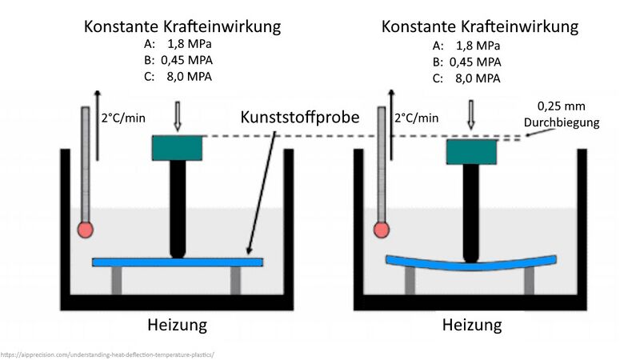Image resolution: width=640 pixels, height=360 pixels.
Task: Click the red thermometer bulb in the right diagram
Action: point(381,231)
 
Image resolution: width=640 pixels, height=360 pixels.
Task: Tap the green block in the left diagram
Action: point(178,147)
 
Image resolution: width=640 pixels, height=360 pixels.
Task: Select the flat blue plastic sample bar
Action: point(178,262)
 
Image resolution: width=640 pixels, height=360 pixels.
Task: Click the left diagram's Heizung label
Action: point(177,325)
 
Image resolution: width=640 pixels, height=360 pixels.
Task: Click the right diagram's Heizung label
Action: point(472,325)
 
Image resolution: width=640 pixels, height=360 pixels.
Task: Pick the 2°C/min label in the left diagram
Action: point(124,118)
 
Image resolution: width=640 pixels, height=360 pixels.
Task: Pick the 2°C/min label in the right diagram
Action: point(417,118)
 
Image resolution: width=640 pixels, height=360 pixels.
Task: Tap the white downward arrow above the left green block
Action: point(178,117)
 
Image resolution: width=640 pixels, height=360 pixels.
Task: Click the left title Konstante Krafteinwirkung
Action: point(182,26)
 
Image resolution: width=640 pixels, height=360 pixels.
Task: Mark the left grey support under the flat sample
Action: point(118,280)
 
